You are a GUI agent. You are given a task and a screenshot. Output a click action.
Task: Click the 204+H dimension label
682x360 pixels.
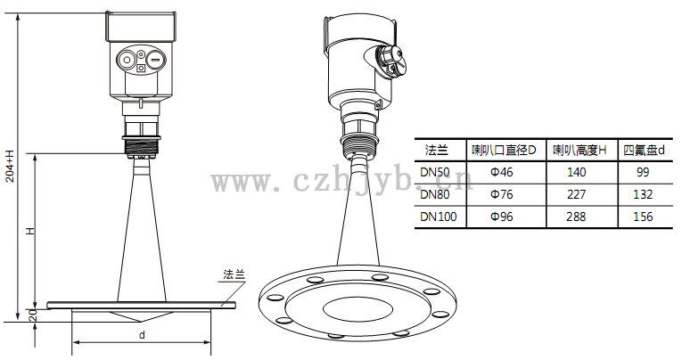(10, 166)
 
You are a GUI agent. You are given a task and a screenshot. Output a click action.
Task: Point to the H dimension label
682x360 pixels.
(30, 231)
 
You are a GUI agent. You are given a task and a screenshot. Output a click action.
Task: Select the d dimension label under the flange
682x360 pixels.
(142, 335)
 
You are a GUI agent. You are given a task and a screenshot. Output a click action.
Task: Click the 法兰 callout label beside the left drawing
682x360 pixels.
(234, 274)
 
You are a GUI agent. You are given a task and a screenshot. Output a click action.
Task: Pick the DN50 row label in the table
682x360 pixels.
(434, 172)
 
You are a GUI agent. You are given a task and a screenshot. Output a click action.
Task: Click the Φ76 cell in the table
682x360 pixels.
(502, 194)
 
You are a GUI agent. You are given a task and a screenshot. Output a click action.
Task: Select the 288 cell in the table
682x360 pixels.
(576, 217)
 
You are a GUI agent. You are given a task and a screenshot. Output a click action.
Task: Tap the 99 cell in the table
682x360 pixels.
(643, 172)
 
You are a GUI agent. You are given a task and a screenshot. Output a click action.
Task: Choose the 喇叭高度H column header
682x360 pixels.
(579, 151)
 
